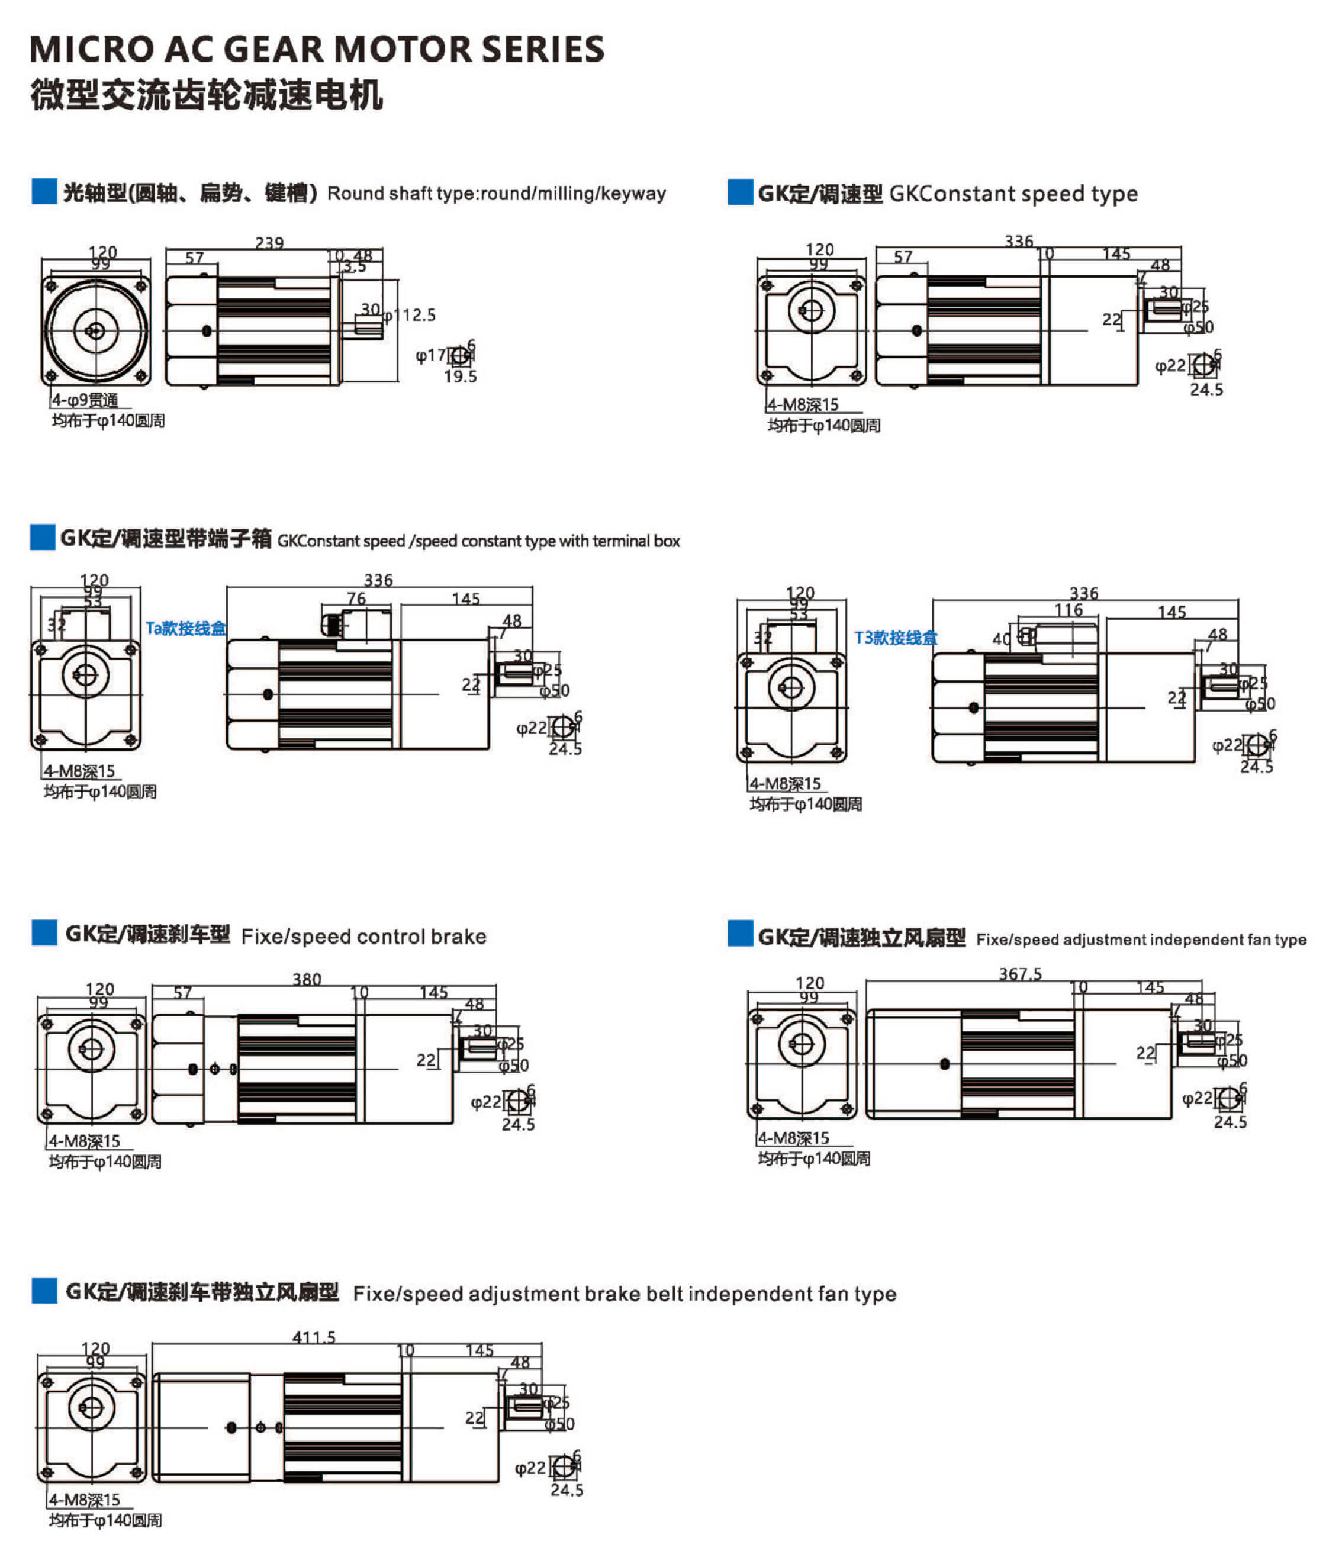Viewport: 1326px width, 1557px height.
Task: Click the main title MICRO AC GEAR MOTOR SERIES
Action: pos(316,50)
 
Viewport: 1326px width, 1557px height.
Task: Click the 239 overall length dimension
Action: pos(269,243)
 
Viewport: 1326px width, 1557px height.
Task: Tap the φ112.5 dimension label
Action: pos(410,316)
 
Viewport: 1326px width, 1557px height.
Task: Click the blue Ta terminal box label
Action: pos(185,628)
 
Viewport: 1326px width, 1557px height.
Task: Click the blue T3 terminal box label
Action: pos(896,638)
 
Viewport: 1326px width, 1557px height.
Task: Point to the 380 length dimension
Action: pos(307,980)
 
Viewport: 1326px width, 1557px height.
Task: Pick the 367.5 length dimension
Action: pos(1019,974)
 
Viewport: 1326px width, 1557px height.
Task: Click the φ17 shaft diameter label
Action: pos(430,355)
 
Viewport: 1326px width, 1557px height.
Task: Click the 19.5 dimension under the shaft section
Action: pos(460,377)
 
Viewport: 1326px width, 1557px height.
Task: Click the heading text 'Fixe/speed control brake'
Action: pos(363,937)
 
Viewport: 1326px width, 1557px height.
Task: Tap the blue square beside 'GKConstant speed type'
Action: pos(740,192)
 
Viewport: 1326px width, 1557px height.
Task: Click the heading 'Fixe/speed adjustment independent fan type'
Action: pos(1141,940)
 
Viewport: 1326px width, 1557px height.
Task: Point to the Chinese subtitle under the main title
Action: pos(207,95)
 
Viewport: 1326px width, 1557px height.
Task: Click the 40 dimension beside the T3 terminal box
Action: pos(1002,639)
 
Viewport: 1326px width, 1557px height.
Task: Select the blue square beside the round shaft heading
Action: pos(44,192)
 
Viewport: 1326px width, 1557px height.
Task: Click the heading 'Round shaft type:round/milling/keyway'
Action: pos(497,194)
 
